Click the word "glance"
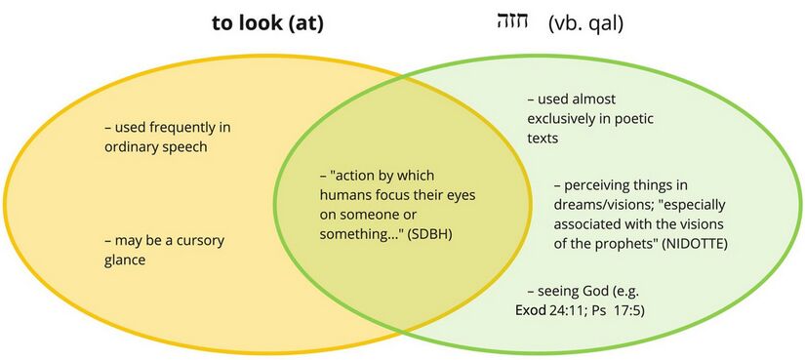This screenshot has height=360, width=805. tap(128, 260)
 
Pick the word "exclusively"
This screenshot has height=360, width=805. tap(564, 119)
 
